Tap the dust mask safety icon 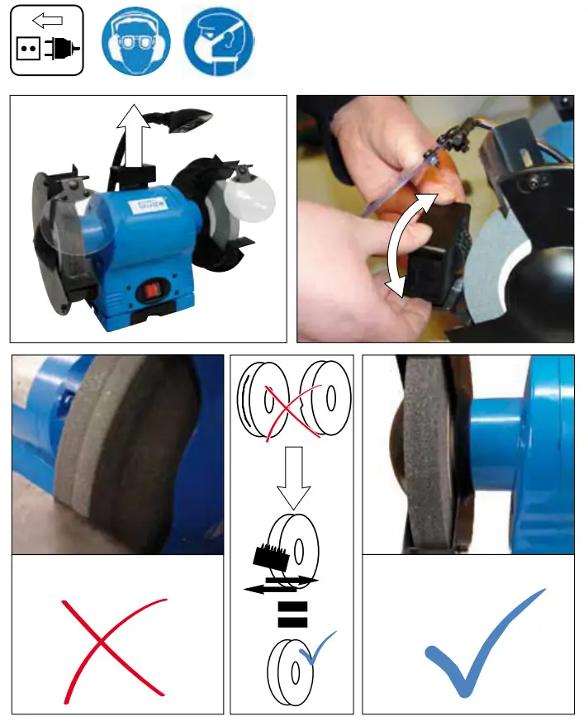(x=218, y=39)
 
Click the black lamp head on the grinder (x=192, y=120)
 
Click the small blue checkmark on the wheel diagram (x=319, y=648)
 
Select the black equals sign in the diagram (x=292, y=615)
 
